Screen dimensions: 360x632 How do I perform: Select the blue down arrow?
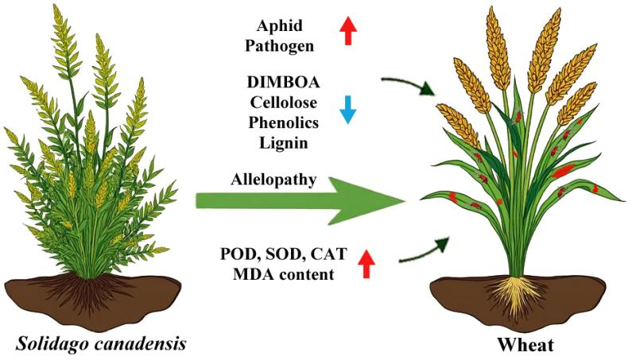(347, 111)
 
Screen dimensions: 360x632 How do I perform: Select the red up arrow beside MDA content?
(366, 264)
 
